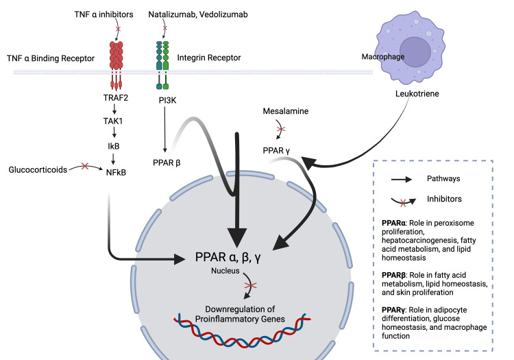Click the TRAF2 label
tap(116, 97)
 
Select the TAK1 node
tap(113, 121)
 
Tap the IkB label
tap(113, 146)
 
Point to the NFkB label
tap(116, 173)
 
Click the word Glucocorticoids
tap(38, 169)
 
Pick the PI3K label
tap(167, 100)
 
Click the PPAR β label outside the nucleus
tap(167, 163)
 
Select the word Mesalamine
tap(286, 111)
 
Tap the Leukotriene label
tap(417, 93)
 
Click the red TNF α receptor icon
tap(116, 65)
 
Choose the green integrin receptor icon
tap(162, 65)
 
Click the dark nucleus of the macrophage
tap(415, 52)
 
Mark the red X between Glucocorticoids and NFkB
tap(85, 166)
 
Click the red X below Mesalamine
tap(281, 129)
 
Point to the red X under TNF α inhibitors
tap(118, 29)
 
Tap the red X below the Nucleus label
tap(251, 285)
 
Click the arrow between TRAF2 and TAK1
tap(114, 109)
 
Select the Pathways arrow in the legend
tap(402, 180)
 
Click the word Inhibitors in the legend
tap(444, 199)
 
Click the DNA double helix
tap(242, 331)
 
